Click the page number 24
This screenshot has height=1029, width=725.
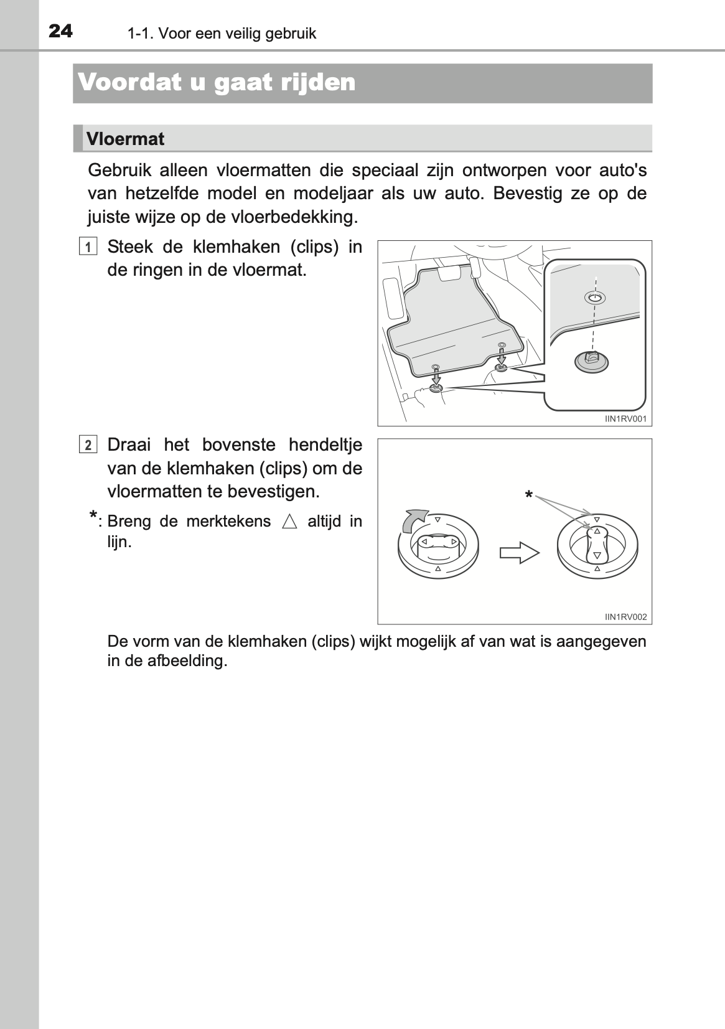[x=60, y=31]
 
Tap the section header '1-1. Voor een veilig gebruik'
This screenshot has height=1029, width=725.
[x=221, y=34]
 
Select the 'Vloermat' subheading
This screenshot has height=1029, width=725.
[x=125, y=139]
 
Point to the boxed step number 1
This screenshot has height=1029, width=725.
[x=88, y=247]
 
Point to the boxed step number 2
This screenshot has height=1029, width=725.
[x=88, y=445]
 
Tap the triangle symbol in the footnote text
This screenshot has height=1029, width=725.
[x=289, y=521]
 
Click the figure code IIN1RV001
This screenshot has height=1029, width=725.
[x=625, y=419]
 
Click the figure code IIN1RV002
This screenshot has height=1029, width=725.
[x=625, y=617]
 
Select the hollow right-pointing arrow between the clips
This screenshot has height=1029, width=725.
[x=519, y=552]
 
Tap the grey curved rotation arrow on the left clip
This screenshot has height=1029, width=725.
[x=413, y=520]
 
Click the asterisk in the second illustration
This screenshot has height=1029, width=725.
[x=528, y=496]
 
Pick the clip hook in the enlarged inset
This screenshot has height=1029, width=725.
[x=591, y=360]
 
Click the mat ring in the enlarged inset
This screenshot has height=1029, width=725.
[x=595, y=298]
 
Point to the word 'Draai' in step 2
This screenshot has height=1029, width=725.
[x=128, y=445]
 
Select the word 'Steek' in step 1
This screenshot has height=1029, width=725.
[x=129, y=247]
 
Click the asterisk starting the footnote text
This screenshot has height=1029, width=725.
[x=93, y=516]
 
